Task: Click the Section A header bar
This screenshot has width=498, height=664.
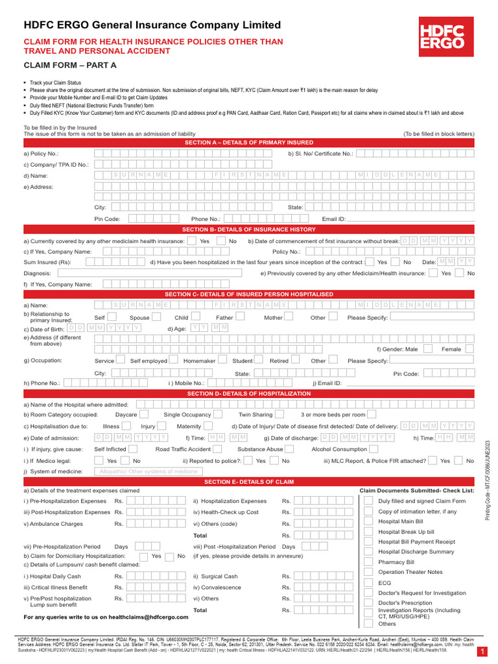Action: click(249, 142)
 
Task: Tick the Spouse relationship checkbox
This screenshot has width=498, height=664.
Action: click(156, 318)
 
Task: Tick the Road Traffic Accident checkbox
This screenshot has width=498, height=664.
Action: click(219, 449)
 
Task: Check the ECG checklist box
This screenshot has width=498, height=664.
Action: click(368, 582)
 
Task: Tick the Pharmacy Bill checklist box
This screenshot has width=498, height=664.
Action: click(368, 562)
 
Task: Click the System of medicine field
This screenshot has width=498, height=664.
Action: click(148, 471)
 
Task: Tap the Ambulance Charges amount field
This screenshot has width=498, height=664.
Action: click(156, 523)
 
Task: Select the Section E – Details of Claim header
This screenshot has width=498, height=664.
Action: click(249, 482)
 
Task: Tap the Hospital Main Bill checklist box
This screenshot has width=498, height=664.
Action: click(368, 521)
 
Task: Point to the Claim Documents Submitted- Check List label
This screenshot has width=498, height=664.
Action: click(417, 491)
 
